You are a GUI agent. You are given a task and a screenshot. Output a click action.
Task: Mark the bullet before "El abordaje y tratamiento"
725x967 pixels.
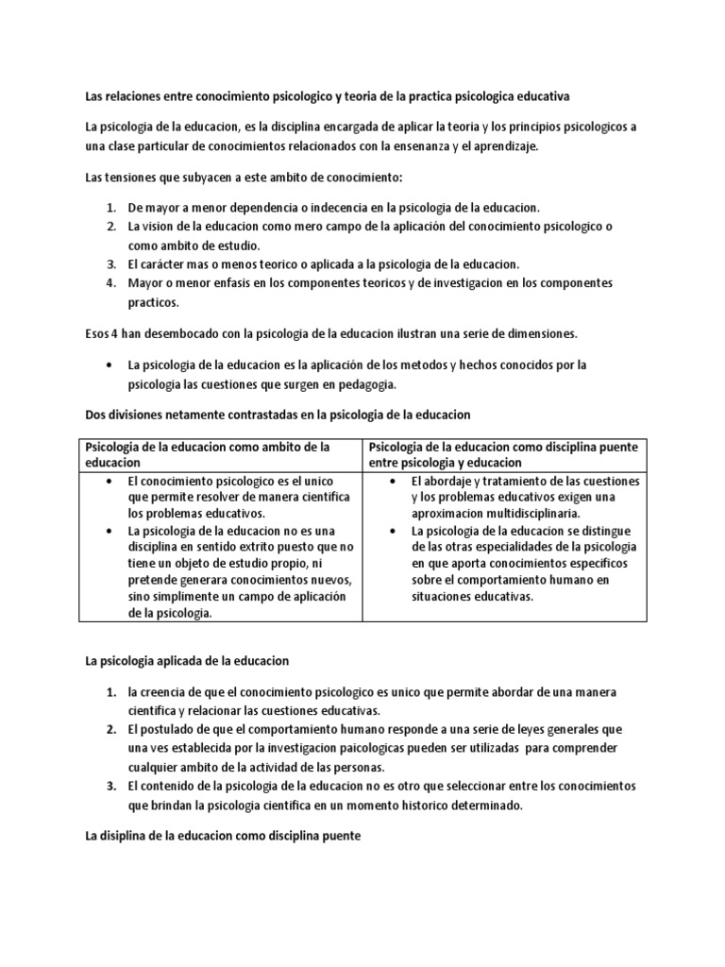[392, 482]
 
